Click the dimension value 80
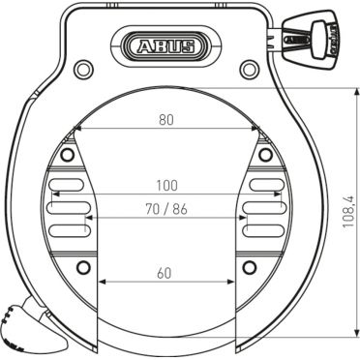coord(166,120)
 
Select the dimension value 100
coord(166,184)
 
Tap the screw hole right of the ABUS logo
coord(249,68)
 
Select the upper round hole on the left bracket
coord(67,155)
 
